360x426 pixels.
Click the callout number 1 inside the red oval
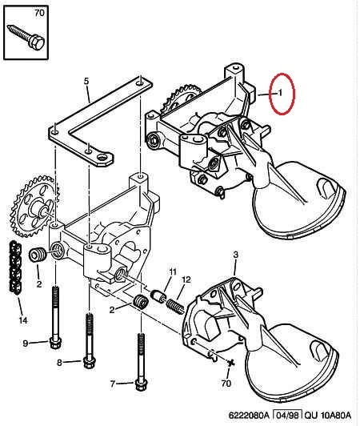[x=280, y=93]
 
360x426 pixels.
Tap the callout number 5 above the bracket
[x=86, y=81]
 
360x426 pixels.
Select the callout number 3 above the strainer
[x=236, y=255]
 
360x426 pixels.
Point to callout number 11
[x=173, y=271]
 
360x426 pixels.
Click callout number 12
[x=186, y=279]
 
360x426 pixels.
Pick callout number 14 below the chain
[x=23, y=320]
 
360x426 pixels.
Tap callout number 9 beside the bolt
[x=26, y=344]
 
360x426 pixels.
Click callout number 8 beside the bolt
[x=59, y=363]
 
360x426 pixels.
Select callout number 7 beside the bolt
[x=113, y=384]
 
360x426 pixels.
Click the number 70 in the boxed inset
[x=39, y=13]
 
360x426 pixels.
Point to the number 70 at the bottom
[x=226, y=384]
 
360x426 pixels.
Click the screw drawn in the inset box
[x=26, y=37]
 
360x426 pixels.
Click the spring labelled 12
[x=175, y=306]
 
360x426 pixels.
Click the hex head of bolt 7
[x=141, y=384]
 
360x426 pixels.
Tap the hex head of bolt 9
[x=55, y=343]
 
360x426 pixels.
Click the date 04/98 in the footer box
[x=287, y=415]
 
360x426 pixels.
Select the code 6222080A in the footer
[x=249, y=415]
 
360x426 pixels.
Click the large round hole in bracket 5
[x=102, y=157]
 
